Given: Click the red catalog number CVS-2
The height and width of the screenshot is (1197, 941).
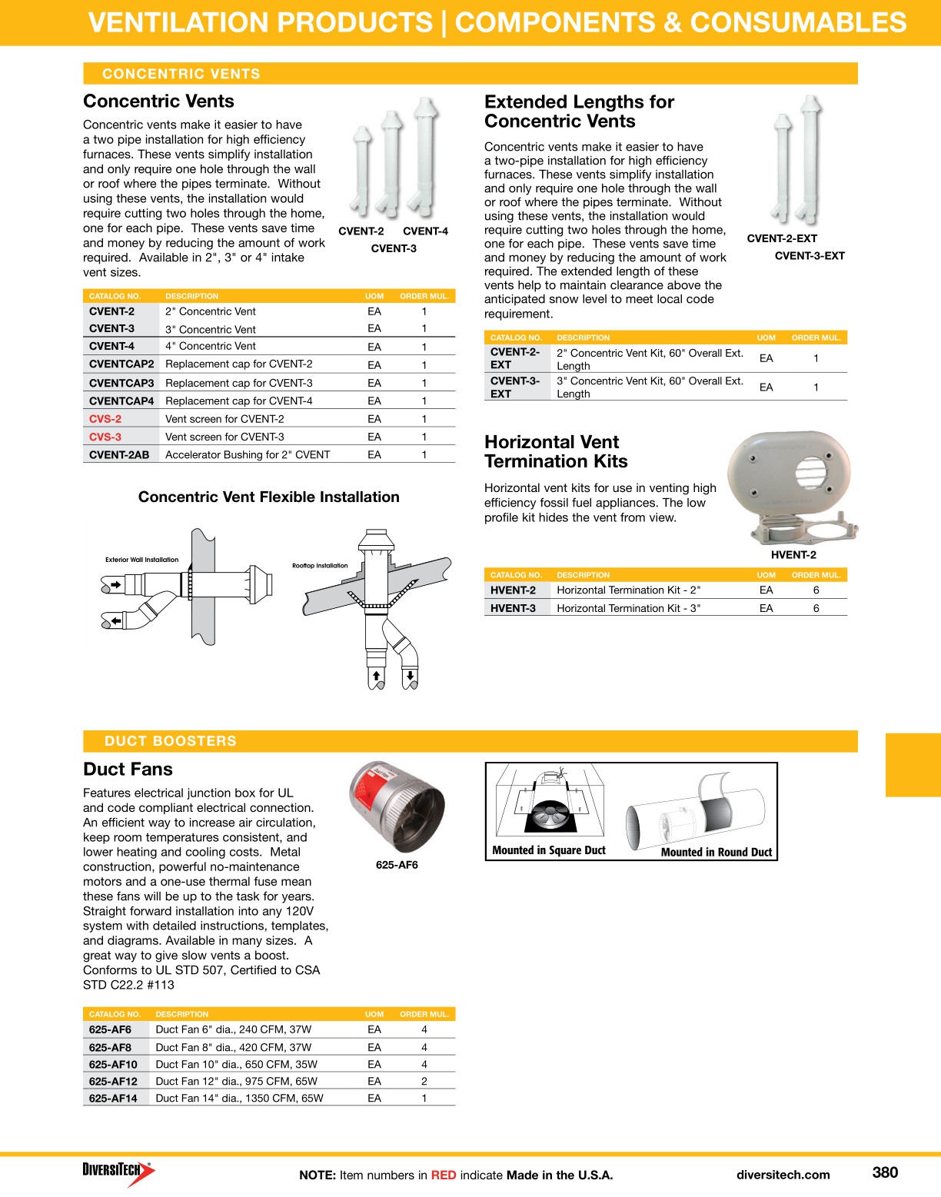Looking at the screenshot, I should pos(105,419).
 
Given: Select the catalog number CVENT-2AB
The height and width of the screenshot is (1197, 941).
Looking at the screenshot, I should pos(119,454).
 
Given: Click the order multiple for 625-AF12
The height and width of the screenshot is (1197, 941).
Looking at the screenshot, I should pos(424,1081).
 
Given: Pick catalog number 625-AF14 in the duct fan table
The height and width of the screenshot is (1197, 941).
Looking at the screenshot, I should pos(113,1098).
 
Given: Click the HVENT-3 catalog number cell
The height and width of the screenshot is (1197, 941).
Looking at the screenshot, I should pos(513,608).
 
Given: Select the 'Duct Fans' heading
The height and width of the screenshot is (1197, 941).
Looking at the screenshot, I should pos(128,769).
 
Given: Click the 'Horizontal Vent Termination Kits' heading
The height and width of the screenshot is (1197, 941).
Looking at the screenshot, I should pos(556,452).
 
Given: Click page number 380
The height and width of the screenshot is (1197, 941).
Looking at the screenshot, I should pos(885,1172).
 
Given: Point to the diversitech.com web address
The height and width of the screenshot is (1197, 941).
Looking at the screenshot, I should pos(783,1175).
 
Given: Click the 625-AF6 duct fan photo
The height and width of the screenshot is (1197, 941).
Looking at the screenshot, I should pos(397,807).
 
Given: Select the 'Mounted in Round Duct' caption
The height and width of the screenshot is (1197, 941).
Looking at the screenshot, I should pos(716,852).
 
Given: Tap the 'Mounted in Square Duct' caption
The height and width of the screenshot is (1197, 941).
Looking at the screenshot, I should pos(549,850).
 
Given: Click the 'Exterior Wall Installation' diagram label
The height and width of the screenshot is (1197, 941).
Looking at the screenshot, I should pos(141,560).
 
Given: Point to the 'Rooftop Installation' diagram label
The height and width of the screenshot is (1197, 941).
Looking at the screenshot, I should pos(320,566).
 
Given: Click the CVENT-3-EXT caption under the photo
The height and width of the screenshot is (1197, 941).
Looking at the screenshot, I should pos(810,256).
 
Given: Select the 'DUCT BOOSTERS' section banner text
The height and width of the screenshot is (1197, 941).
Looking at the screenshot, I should pos(171,741).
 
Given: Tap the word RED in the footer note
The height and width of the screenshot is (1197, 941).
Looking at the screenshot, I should pos(443,1175).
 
